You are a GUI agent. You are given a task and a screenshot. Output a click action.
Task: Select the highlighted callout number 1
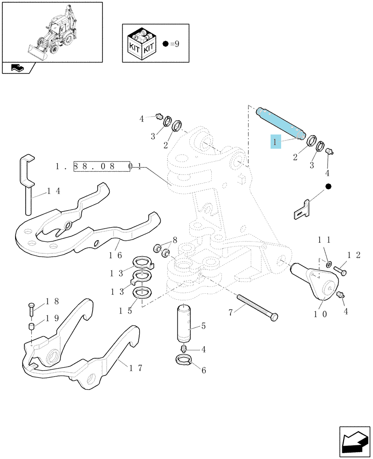coord(276,142)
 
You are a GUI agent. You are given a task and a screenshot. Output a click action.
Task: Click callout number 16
coord(115,255)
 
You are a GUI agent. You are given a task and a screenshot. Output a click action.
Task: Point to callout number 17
coord(136,368)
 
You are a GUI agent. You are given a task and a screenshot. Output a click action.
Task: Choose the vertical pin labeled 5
coord(184,324)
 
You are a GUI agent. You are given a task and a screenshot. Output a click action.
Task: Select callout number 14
coord(54,191)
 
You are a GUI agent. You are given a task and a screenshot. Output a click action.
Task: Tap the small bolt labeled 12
coord(340,270)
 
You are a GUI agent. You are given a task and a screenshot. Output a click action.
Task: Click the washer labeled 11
coord(329,264)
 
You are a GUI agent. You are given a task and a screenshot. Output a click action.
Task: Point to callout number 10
coord(320,314)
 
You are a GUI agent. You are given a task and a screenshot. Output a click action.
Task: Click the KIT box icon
coord(142,44)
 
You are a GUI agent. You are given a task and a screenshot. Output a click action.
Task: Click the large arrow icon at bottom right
coord(355,442)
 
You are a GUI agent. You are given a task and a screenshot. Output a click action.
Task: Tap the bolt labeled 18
coord(31,309)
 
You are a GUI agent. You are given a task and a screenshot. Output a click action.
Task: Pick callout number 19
coord(52,318)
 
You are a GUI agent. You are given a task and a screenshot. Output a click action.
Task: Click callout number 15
coord(125,311)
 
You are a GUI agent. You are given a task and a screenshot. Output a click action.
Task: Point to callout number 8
coord(175,241)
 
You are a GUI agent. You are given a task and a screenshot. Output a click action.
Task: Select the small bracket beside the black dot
coord(302,210)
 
